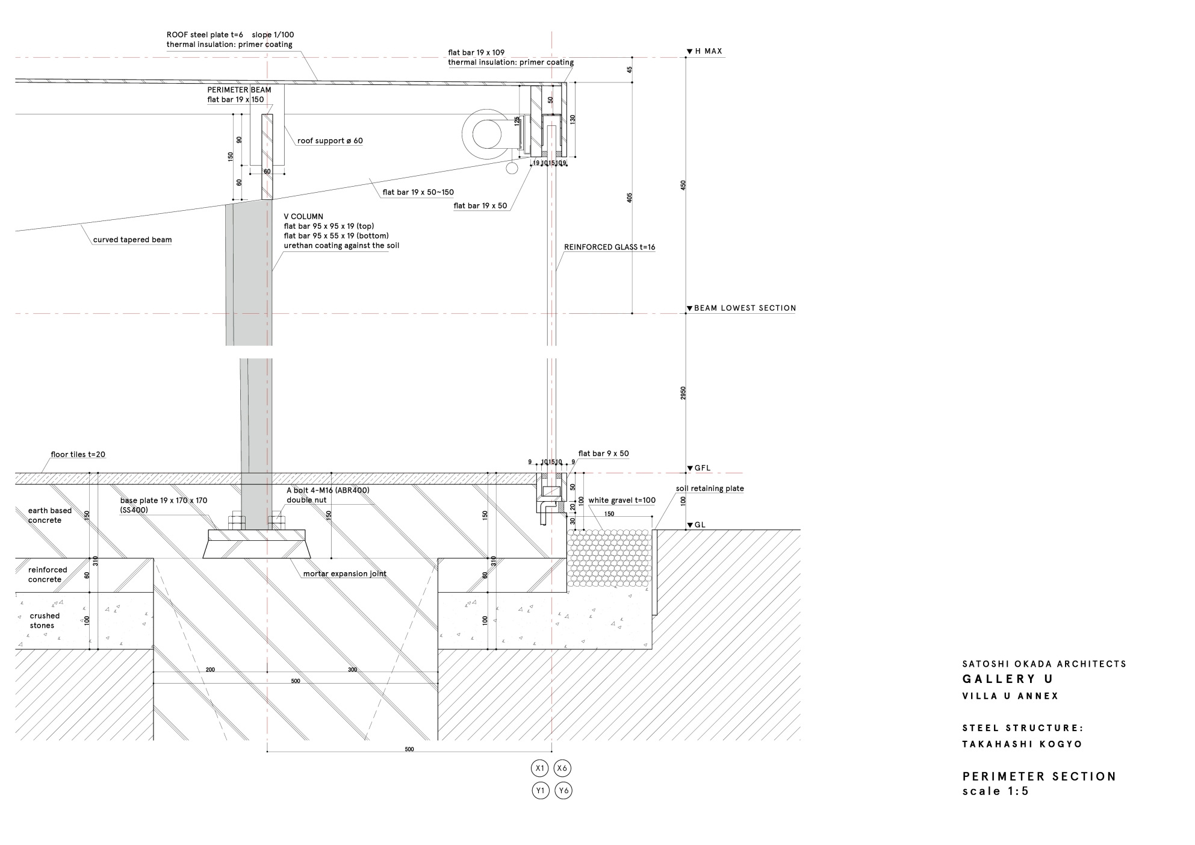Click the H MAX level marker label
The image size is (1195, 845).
pos(708,51)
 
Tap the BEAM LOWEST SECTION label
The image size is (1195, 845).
pos(745,308)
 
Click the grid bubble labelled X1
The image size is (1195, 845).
pos(541,768)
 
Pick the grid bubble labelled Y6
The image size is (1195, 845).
pos(563,790)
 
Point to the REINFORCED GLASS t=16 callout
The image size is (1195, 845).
pos(609,247)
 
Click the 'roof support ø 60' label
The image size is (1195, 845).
pos(330,141)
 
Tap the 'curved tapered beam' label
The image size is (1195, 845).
pos(132,240)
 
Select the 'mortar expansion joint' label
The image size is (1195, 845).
pos(344,573)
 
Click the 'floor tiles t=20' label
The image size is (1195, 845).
pos(78,454)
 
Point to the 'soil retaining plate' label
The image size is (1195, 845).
pos(710,488)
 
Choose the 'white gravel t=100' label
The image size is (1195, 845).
pos(622,500)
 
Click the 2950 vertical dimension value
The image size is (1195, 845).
pos(683,393)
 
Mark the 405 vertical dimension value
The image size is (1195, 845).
pos(630,198)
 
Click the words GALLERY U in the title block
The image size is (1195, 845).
pos(1008,679)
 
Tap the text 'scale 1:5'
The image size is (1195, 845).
pos(996,791)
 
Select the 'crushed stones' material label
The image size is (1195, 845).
pos(44,620)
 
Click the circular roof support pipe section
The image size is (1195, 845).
pos(487,134)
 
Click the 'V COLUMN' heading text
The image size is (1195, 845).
pos(303,216)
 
